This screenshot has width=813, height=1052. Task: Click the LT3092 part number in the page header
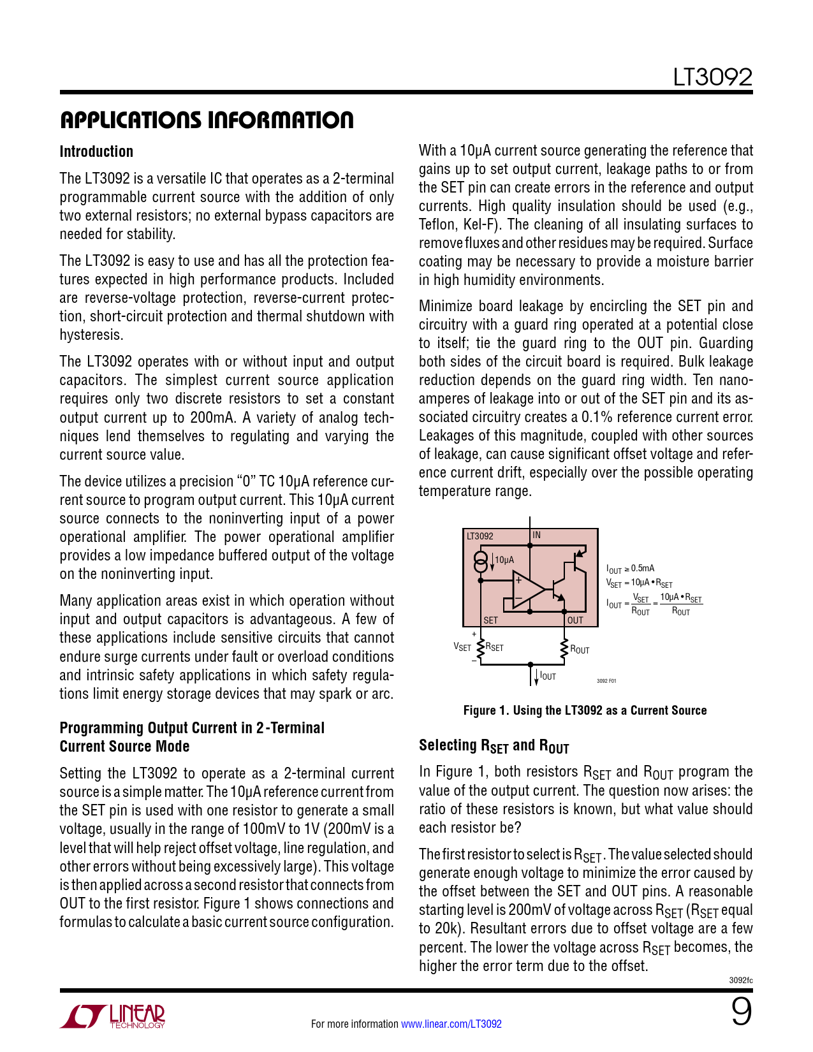(713, 78)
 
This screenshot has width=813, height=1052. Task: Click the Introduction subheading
(96, 152)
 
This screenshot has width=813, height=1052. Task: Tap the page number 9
(741, 1012)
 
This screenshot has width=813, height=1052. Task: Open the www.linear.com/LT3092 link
(451, 1024)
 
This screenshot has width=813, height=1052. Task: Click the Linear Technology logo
(113, 1016)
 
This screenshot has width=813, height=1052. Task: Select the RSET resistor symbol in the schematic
(481, 647)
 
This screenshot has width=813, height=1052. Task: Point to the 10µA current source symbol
(481, 562)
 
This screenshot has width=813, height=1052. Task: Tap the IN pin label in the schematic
(537, 536)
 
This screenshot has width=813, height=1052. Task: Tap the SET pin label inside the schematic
(490, 620)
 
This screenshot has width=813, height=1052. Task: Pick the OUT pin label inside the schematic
(575, 620)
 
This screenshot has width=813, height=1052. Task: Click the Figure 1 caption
(585, 710)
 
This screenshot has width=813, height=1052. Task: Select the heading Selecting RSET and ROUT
(494, 746)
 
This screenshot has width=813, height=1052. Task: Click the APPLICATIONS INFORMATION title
(207, 120)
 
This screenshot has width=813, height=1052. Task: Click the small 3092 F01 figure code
(606, 681)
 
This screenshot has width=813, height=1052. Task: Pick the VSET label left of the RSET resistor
(462, 647)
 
